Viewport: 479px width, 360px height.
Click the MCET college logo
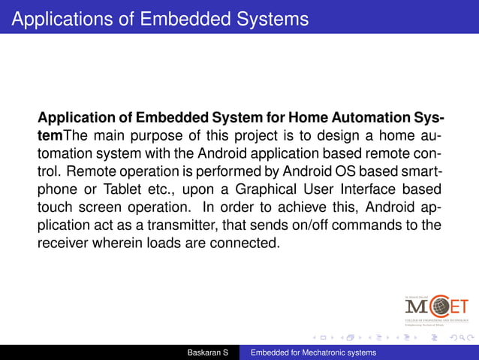(436, 307)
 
